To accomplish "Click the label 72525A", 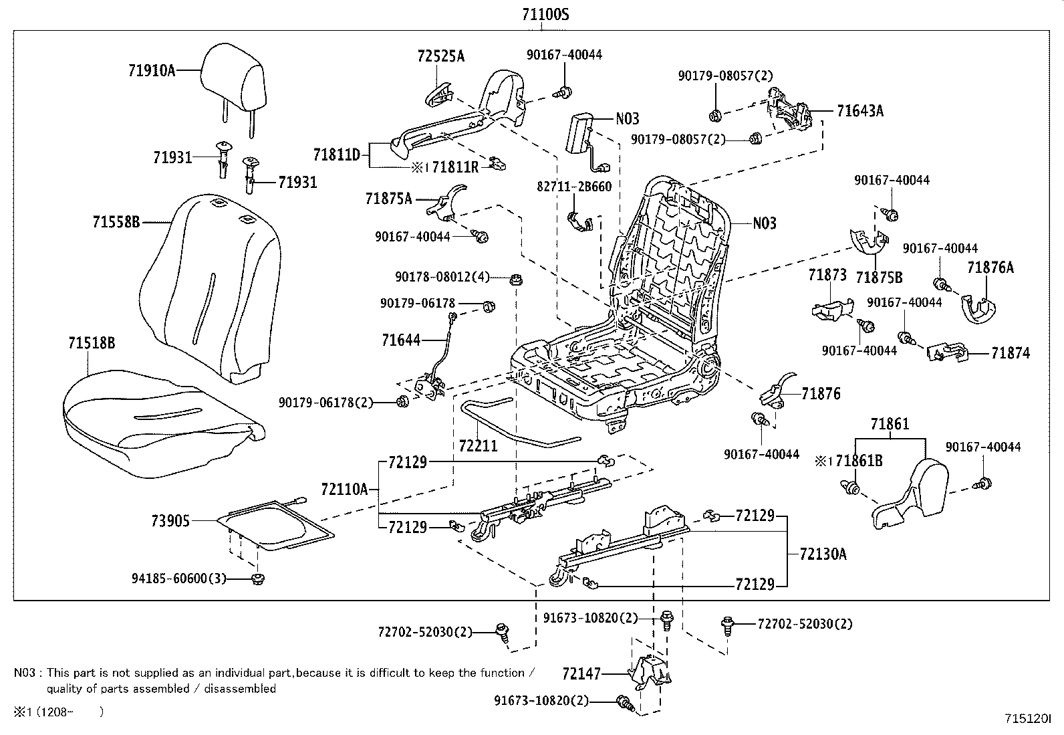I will coord(440,57).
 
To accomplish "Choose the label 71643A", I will coord(859,111).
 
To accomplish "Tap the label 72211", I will coord(478,445).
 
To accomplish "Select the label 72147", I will coord(581,674).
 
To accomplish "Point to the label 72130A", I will coord(823,554).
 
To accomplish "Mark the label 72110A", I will coord(344,490).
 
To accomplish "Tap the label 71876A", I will coord(990,268).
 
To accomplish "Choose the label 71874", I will coord(1011,353).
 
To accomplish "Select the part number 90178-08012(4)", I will coord(442,277).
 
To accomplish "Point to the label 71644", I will coord(401,340).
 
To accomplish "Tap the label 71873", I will coord(827,275).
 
